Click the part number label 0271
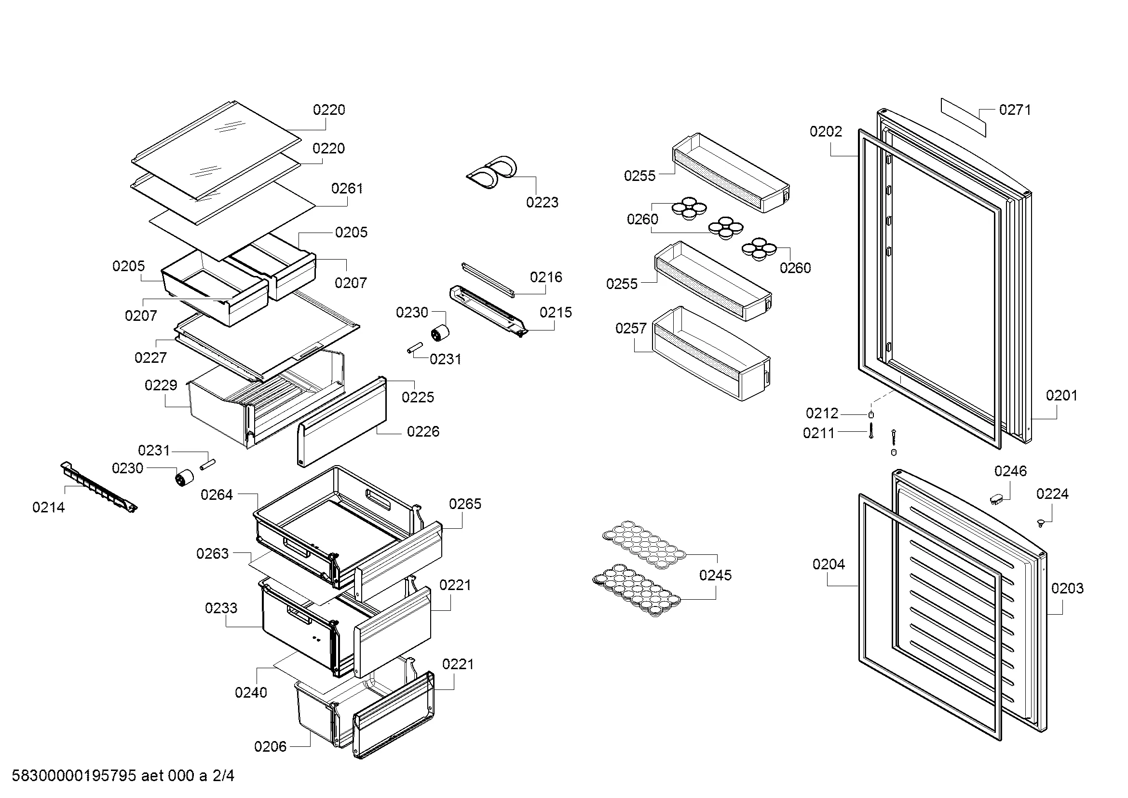click(1015, 110)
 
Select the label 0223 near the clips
click(542, 202)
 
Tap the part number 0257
click(631, 328)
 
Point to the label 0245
click(715, 575)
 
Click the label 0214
click(48, 507)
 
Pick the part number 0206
click(270, 746)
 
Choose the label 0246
click(1010, 471)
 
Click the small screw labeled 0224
click(1040, 523)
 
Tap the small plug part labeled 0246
click(996, 499)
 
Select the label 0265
click(465, 504)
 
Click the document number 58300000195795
click(74, 776)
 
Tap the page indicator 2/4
click(223, 776)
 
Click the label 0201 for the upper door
click(1061, 396)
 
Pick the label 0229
click(161, 385)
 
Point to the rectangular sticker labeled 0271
click(964, 117)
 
